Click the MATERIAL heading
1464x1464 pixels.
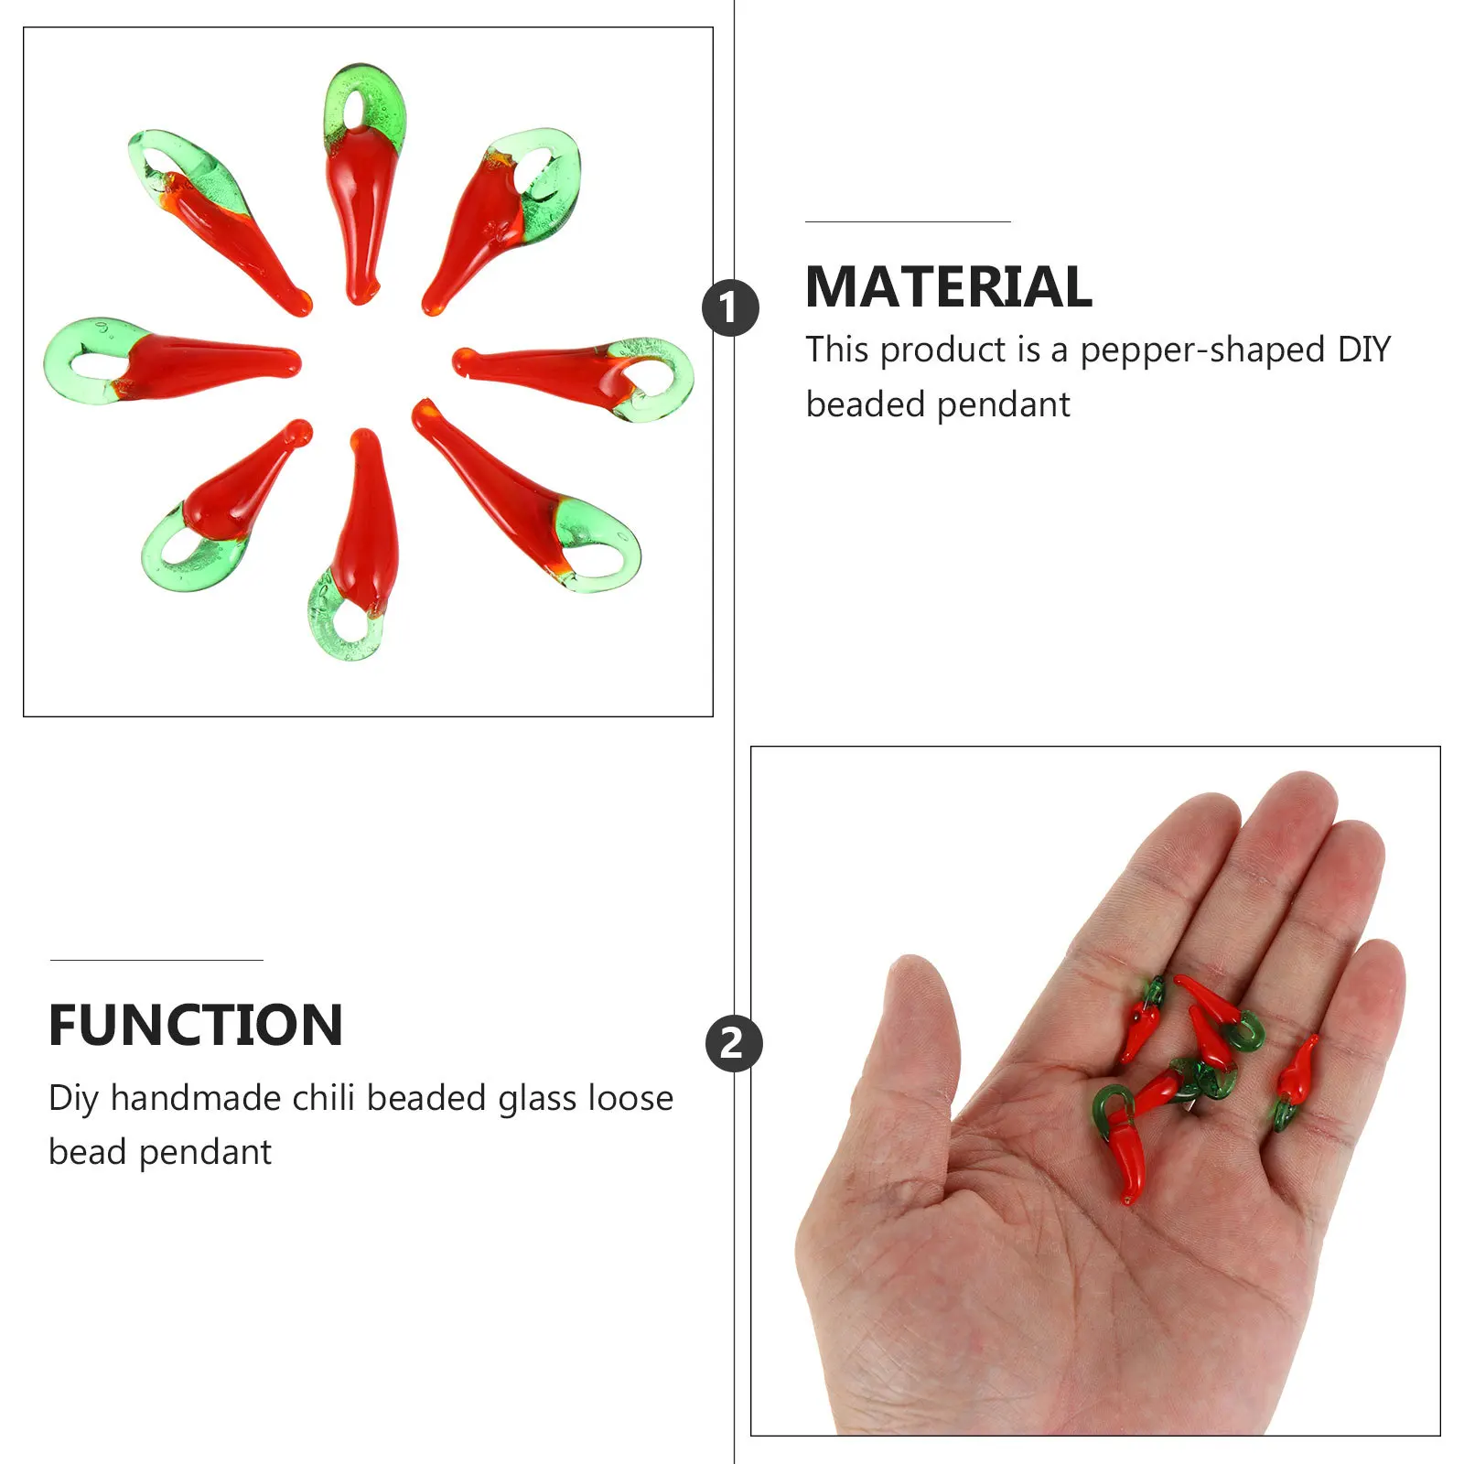(948, 287)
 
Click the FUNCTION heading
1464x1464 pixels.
(196, 1025)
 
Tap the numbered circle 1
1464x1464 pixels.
(730, 307)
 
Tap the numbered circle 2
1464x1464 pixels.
(733, 1043)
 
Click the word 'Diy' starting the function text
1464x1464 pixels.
(73, 1098)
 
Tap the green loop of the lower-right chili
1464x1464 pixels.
(599, 545)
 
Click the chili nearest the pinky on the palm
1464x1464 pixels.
(1295, 1080)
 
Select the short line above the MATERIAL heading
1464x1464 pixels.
(907, 221)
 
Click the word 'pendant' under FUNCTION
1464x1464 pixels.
(205, 1153)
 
